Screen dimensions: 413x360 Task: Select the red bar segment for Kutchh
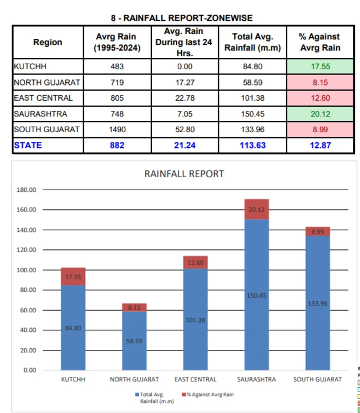click(73, 277)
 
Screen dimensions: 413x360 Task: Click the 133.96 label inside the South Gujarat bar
click(318, 304)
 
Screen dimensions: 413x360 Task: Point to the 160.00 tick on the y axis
click(26, 210)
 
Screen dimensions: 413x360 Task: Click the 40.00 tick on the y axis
click(26, 330)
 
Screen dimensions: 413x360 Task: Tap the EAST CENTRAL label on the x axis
click(195, 379)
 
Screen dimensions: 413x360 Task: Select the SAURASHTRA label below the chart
click(256, 379)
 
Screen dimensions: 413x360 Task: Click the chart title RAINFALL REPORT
click(184, 174)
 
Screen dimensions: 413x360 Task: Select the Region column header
click(48, 42)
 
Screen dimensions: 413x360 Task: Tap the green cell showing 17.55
click(321, 66)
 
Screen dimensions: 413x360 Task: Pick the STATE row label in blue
click(28, 145)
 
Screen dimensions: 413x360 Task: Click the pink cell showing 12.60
click(321, 98)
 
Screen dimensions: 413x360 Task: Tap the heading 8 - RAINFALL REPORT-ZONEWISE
click(181, 19)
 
